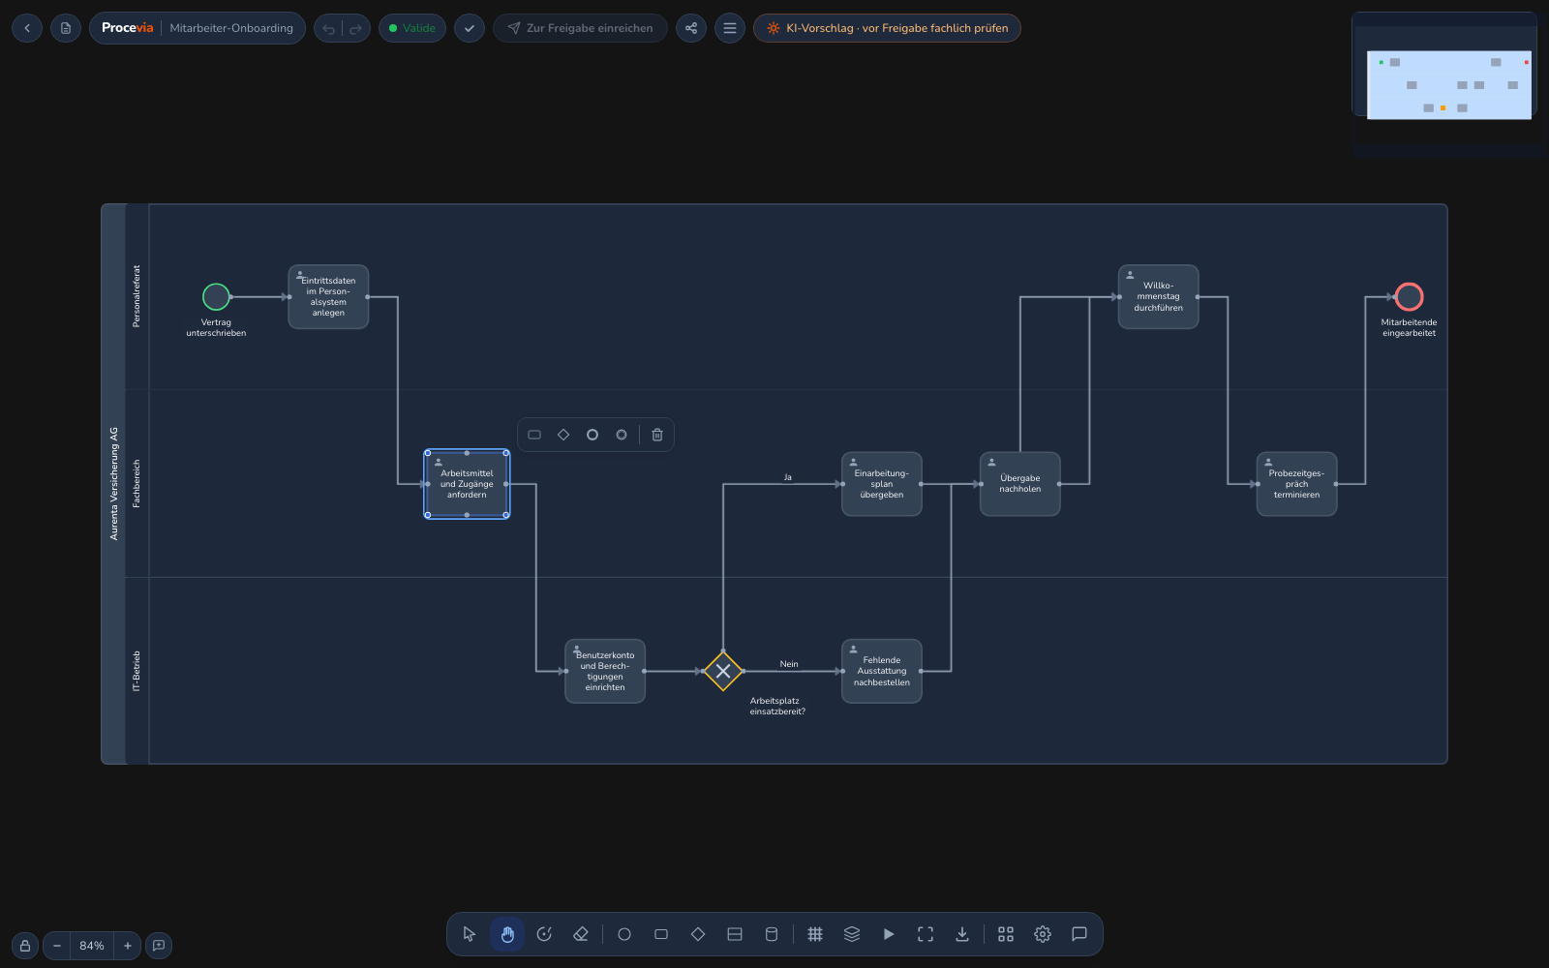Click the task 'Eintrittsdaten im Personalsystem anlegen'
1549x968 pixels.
pos(328,296)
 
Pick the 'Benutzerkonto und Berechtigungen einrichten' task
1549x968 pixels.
pos(605,671)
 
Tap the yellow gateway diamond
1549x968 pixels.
pos(722,671)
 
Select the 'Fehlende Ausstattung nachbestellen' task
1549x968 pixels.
pos(882,671)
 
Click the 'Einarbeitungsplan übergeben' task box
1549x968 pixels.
pos(882,484)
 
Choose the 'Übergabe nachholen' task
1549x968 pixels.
pos(1020,484)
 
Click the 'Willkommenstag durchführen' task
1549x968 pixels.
pos(1158,296)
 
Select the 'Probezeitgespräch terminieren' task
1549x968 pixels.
pos(1296,484)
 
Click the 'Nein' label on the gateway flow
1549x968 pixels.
pos(789,664)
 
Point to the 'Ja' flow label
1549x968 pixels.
pos(788,477)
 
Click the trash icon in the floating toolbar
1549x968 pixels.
pos(657,435)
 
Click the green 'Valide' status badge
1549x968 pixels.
pos(412,28)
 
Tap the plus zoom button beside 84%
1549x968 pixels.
pos(127,945)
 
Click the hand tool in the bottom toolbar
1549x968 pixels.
pos(507,934)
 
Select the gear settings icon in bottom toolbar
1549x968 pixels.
pos(1042,934)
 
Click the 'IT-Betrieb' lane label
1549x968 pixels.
pos(137,671)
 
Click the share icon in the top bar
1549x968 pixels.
pos(691,28)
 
